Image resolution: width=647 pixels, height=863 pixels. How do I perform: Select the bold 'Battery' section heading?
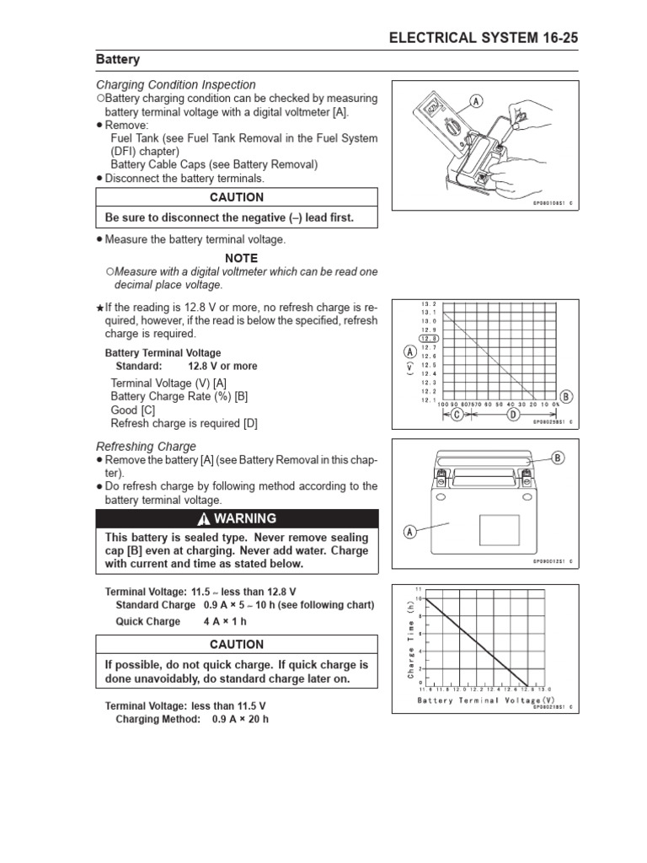tap(118, 60)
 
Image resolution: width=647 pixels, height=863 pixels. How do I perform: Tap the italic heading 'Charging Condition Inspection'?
tap(175, 85)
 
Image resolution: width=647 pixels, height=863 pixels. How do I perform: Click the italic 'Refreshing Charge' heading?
tap(146, 446)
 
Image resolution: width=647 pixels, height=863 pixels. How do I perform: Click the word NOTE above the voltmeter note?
tap(241, 258)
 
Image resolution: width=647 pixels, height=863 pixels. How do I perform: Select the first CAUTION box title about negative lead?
tap(237, 197)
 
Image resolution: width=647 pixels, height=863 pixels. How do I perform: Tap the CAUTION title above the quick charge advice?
tap(237, 644)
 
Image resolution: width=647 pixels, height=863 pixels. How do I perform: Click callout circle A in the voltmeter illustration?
tap(476, 102)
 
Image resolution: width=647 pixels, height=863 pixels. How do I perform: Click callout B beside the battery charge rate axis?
tap(565, 396)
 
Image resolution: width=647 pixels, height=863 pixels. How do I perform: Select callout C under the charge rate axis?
tap(457, 415)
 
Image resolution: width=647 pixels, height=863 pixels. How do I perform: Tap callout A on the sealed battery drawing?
tap(410, 532)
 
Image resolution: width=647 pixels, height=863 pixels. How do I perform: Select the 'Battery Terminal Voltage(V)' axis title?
tap(485, 700)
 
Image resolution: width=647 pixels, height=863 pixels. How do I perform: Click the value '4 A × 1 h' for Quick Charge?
tap(225, 621)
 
